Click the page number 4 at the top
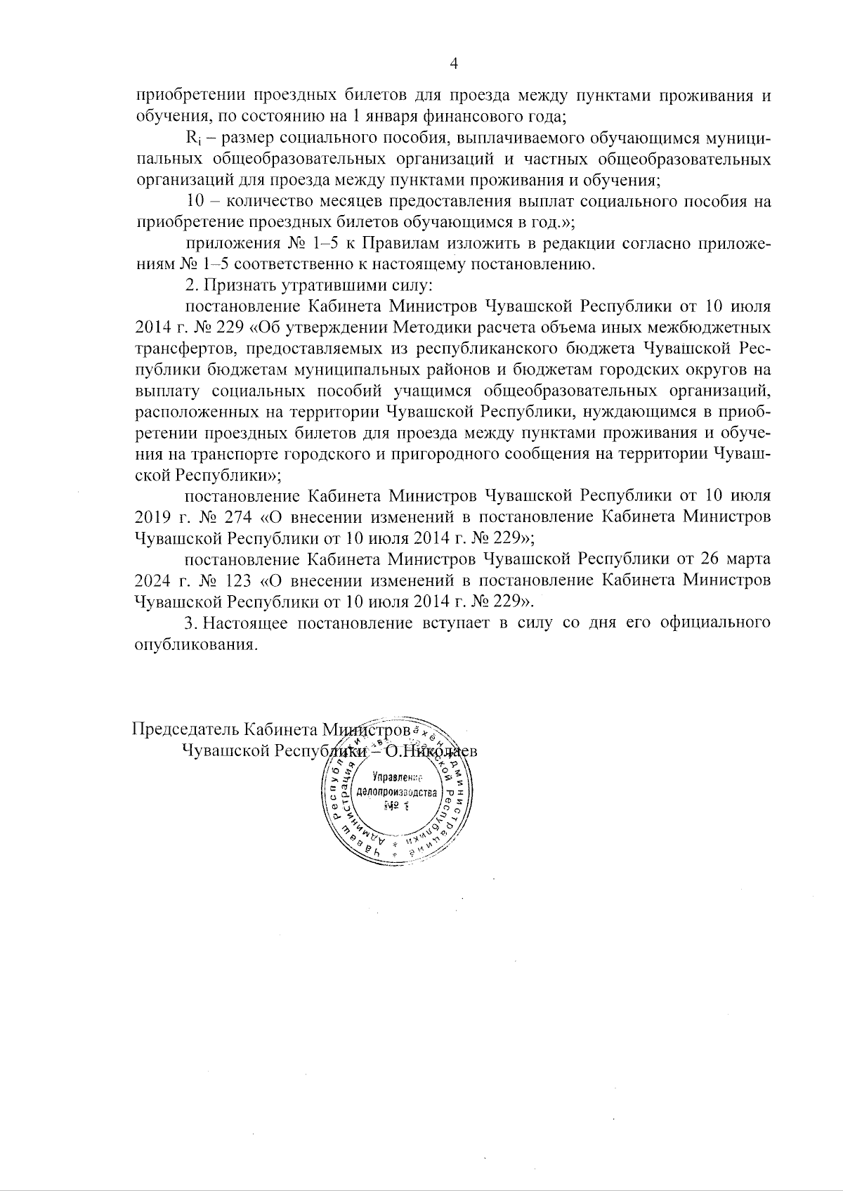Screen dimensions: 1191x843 [453, 63]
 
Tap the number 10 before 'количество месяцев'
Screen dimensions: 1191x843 [195, 202]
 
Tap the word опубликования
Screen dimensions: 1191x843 [192, 644]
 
